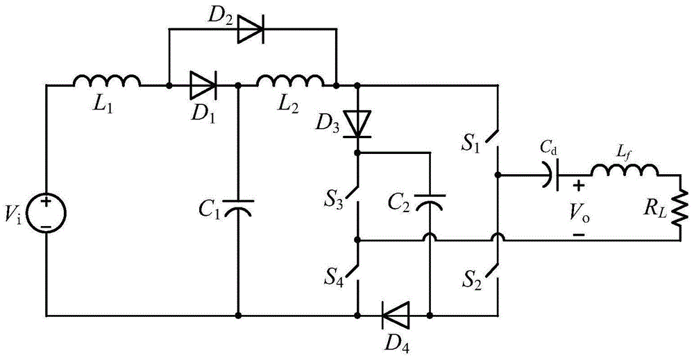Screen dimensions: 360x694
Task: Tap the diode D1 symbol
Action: (203, 85)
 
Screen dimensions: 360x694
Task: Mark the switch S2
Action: (493, 273)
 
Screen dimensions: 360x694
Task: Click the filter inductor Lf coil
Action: (624, 171)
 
